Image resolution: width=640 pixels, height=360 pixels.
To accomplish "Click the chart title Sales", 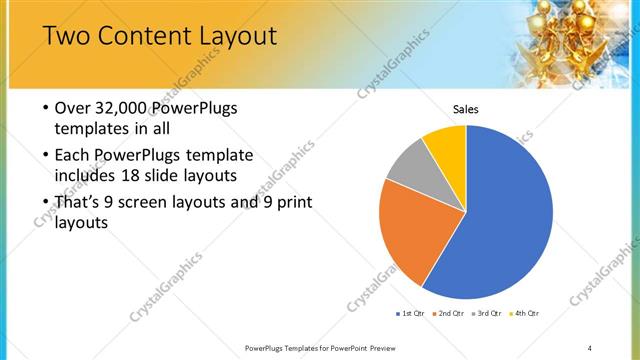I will pyautogui.click(x=466, y=109).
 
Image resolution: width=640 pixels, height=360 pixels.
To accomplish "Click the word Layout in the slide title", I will pyautogui.click(x=239, y=38).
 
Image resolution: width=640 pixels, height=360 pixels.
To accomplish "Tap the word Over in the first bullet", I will pyautogui.click(x=73, y=108).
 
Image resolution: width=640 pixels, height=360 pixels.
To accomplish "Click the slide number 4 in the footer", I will pyautogui.click(x=590, y=347).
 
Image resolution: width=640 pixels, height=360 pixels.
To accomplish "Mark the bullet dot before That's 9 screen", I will pyautogui.click(x=46, y=203).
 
